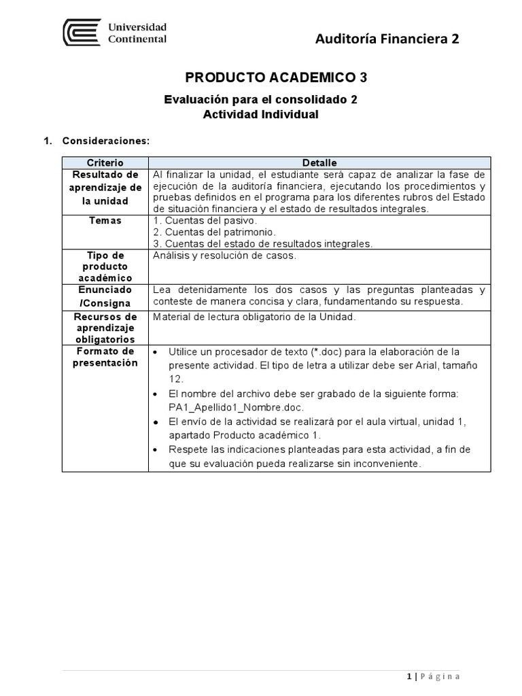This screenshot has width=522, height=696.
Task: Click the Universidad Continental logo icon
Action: coord(82,33)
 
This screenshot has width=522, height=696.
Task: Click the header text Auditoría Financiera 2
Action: coord(387,39)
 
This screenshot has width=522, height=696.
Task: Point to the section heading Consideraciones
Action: coord(105,141)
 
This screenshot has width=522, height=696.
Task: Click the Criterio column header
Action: coord(105,163)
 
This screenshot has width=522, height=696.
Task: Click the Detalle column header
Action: coord(319,163)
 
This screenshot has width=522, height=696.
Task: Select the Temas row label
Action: coord(105,221)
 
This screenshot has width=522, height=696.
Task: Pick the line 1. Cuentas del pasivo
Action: coord(206,221)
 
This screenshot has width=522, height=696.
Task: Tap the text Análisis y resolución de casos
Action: coord(225,256)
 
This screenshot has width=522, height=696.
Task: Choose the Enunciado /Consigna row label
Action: coord(105,296)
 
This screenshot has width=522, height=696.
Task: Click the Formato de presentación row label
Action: coord(105,357)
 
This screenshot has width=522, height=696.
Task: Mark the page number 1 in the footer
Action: coord(409,677)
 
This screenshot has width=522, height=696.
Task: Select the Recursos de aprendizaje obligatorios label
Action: coord(105,328)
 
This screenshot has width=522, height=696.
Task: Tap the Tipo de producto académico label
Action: coord(105,266)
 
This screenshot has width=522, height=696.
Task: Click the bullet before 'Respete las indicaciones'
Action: coord(157,451)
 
